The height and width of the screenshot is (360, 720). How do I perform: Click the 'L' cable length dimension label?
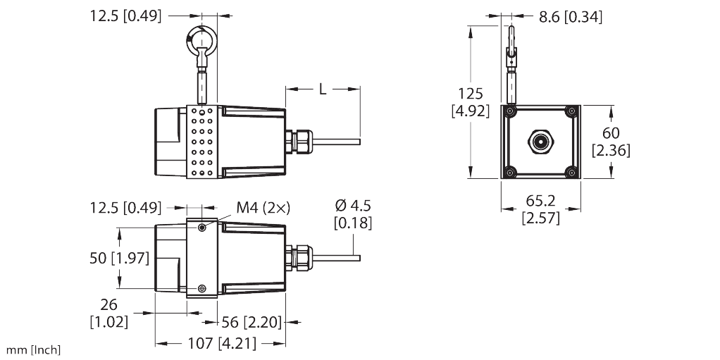pos(322,89)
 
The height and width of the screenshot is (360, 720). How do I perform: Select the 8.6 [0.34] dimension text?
pos(570,17)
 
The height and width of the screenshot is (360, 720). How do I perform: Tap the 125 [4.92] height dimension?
pos(471,102)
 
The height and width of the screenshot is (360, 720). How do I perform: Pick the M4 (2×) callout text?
pos(262,207)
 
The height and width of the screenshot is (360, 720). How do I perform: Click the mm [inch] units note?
pos(33,350)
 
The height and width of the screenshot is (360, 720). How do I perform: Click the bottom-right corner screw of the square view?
pos(571,172)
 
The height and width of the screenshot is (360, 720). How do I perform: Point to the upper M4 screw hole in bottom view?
pos(202,228)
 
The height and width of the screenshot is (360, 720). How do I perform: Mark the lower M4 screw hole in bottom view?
pos(202,288)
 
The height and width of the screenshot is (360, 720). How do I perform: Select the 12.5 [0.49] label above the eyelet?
pos(126,14)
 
